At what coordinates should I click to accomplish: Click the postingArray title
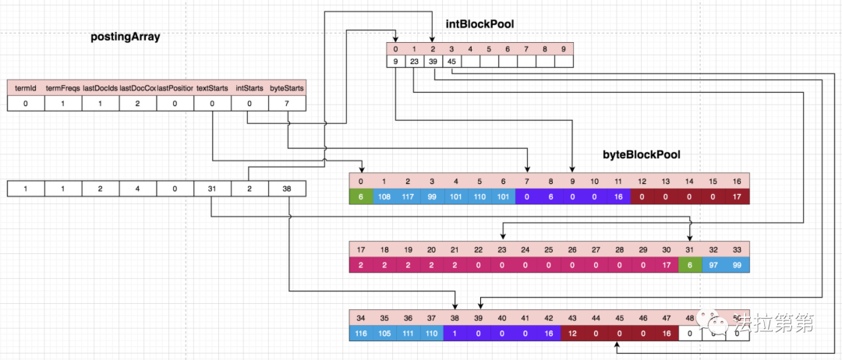click(126, 37)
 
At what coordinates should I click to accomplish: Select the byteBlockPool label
click(642, 155)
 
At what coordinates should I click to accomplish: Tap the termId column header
click(26, 88)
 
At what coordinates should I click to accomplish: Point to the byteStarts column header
click(287, 88)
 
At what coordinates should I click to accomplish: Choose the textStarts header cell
click(212, 88)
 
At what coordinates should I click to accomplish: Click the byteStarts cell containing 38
click(287, 189)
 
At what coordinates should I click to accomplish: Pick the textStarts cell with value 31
click(212, 189)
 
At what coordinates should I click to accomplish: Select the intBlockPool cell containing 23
click(414, 62)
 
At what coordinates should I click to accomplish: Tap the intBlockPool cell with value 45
click(451, 62)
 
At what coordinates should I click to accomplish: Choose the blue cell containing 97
click(713, 265)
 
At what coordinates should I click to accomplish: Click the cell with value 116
click(361, 333)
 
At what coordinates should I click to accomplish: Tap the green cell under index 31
click(689, 265)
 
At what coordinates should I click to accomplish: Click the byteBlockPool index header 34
click(361, 318)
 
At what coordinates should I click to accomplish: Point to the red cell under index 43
click(572, 333)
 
